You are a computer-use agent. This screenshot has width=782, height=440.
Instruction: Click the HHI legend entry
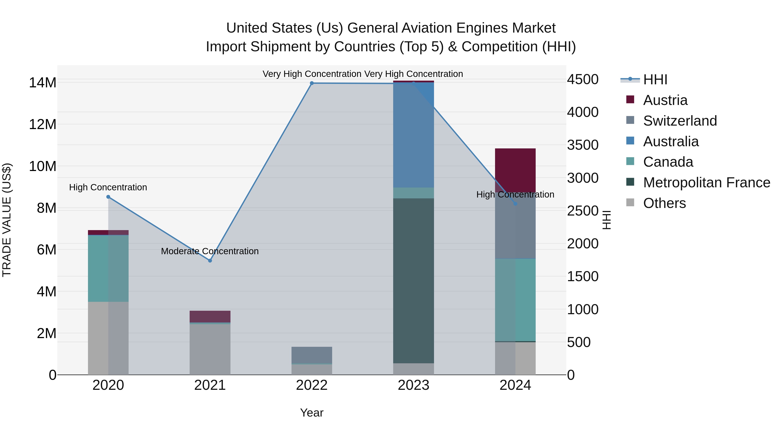[x=655, y=80]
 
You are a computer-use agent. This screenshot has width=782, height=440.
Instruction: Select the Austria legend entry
[x=665, y=100]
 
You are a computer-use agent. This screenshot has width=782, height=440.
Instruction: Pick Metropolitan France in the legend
[x=706, y=183]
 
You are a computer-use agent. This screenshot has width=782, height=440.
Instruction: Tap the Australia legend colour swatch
[x=630, y=141]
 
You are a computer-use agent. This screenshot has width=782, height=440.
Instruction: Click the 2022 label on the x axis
[x=311, y=385]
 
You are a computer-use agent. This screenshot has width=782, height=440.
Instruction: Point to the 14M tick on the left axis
[x=43, y=83]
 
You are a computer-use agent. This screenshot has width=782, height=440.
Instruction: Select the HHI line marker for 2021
[x=210, y=261]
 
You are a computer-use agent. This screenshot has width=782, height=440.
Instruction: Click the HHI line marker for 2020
[x=108, y=197]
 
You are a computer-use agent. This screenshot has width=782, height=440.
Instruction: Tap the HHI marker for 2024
[x=515, y=204]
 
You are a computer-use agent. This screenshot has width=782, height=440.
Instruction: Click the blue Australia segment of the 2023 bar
[x=413, y=134]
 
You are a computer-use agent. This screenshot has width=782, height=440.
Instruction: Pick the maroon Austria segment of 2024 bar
[x=515, y=169]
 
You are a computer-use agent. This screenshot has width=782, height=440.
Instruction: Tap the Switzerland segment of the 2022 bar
[x=311, y=354]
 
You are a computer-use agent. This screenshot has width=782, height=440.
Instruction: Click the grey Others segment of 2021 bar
[x=210, y=349]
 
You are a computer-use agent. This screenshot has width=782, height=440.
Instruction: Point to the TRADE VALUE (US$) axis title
[x=7, y=220]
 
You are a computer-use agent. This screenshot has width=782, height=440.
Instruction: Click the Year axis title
[x=311, y=413]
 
